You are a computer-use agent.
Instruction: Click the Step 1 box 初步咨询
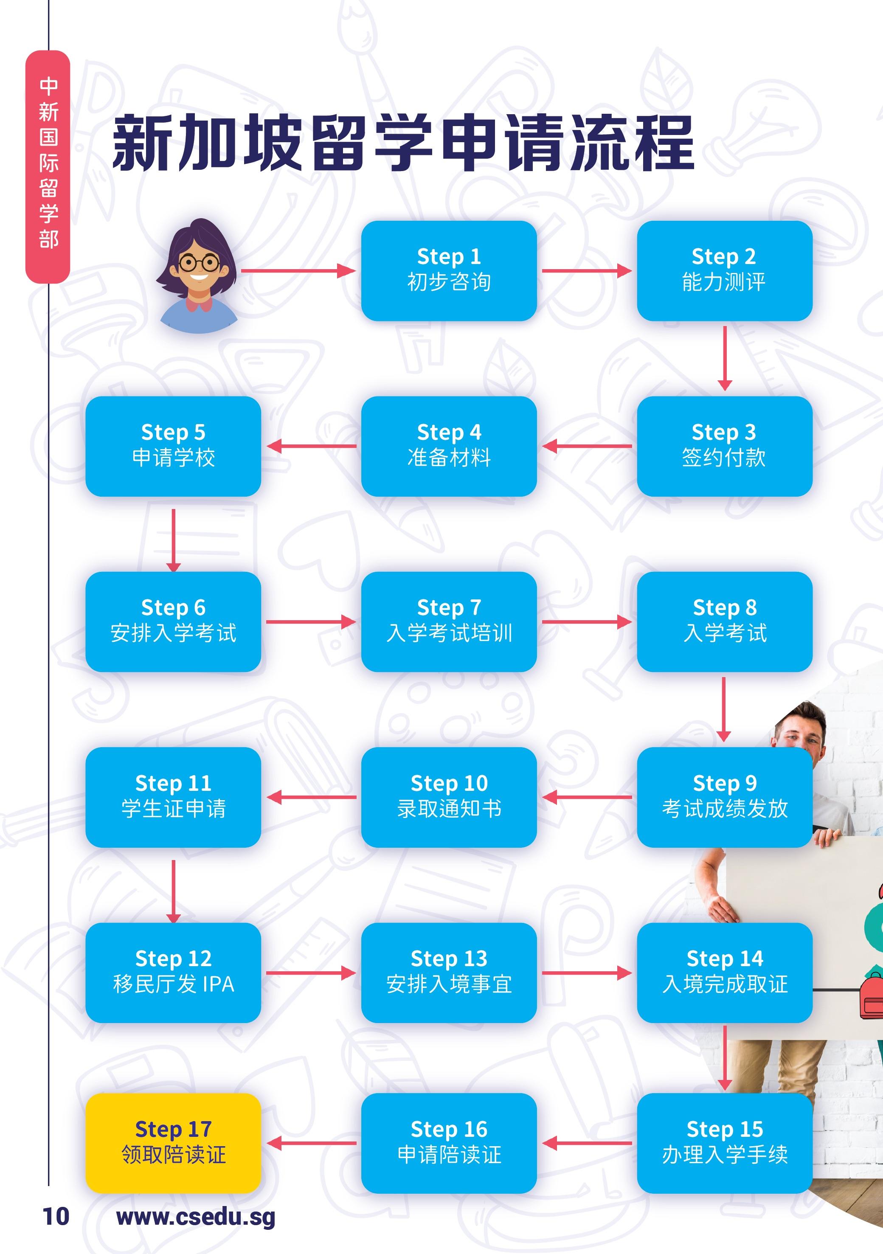[x=449, y=270]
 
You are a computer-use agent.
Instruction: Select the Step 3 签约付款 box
[x=724, y=446]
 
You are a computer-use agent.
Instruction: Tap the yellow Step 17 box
[x=173, y=1143]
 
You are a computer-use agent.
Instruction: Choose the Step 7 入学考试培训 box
[x=449, y=621]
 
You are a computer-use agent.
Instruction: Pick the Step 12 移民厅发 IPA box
[x=173, y=972]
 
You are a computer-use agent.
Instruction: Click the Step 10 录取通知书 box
[x=449, y=797]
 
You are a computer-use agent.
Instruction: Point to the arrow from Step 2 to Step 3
[x=725, y=358]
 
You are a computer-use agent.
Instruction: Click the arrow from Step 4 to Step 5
[x=311, y=446]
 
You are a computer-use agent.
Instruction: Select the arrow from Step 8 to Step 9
[x=723, y=709]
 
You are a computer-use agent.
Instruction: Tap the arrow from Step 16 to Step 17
[x=311, y=1143]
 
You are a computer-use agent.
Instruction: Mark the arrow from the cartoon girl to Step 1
[x=298, y=270]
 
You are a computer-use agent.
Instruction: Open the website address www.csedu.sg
[x=196, y=1217]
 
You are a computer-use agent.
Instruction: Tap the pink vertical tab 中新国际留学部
[x=48, y=166]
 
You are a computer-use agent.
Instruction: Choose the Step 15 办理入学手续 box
[x=724, y=1143]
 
